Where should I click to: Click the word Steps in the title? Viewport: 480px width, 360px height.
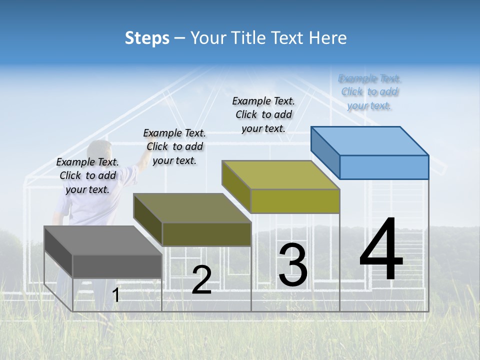point(147,38)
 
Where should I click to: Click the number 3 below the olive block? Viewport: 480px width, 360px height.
point(293,264)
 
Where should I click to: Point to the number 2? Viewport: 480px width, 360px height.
point(201,280)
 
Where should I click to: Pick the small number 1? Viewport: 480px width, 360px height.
point(116,295)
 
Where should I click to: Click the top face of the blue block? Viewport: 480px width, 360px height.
point(370,140)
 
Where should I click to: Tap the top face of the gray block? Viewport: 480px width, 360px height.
point(103,240)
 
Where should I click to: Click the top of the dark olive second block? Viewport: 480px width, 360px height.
point(192,207)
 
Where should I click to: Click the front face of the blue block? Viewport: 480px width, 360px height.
point(384,167)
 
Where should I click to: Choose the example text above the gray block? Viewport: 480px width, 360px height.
point(87,175)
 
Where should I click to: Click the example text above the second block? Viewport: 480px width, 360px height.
point(174,146)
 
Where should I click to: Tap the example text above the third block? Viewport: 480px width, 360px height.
point(263,114)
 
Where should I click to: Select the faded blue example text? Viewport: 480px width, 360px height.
point(369,91)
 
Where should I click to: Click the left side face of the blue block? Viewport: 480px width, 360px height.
point(325,152)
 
